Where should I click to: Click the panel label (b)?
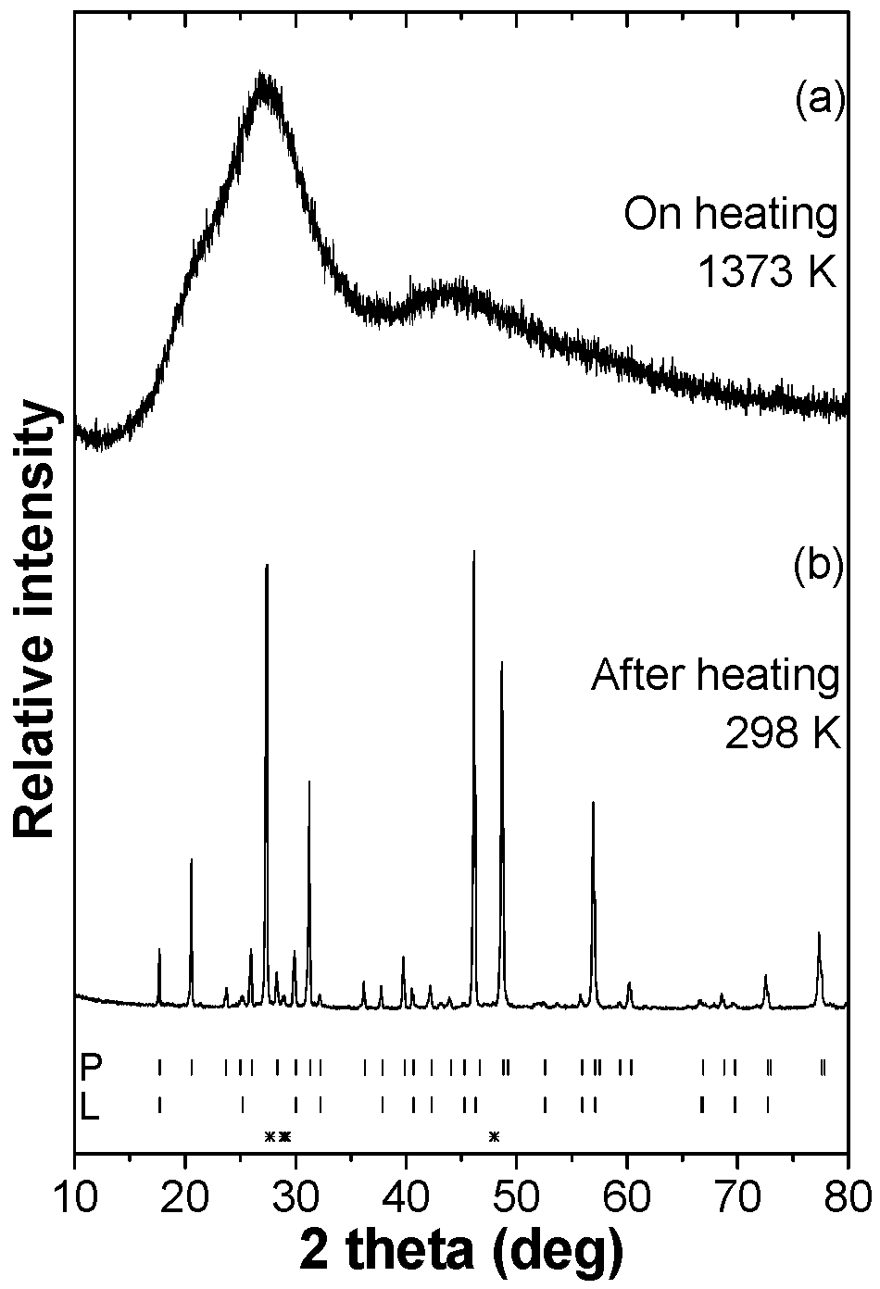pyautogui.click(x=819, y=568)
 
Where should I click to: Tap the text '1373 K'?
pyautogui.click(x=767, y=273)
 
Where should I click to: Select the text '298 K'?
pyautogui.click(x=782, y=735)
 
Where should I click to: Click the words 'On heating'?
pyautogui.click(x=730, y=214)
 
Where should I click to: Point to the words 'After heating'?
pyautogui.click(x=715, y=675)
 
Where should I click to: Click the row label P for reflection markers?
pyautogui.click(x=90, y=1068)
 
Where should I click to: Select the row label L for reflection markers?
pyautogui.click(x=89, y=1107)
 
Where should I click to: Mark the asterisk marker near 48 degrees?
pyautogui.click(x=494, y=1136)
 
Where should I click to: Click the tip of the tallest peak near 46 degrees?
pyautogui.click(x=474, y=552)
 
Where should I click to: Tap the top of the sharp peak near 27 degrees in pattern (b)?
pyautogui.click(x=267, y=565)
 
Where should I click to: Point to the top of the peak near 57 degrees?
pyautogui.click(x=593, y=803)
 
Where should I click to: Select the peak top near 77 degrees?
pyautogui.click(x=819, y=933)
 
